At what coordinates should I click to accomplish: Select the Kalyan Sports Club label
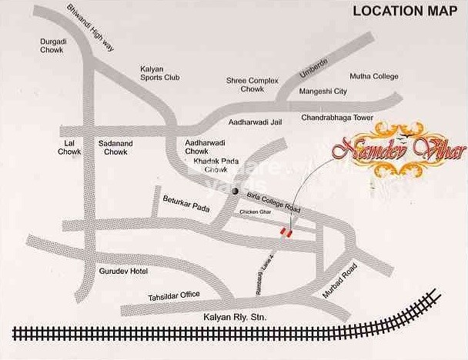(x=159, y=73)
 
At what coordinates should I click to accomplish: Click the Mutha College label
(x=375, y=76)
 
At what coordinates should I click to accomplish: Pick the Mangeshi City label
(x=323, y=92)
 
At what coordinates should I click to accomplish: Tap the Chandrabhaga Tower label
(x=336, y=118)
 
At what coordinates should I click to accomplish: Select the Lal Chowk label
(x=69, y=148)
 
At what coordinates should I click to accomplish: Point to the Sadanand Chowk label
(x=115, y=148)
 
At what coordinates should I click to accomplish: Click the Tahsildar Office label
(x=175, y=295)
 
